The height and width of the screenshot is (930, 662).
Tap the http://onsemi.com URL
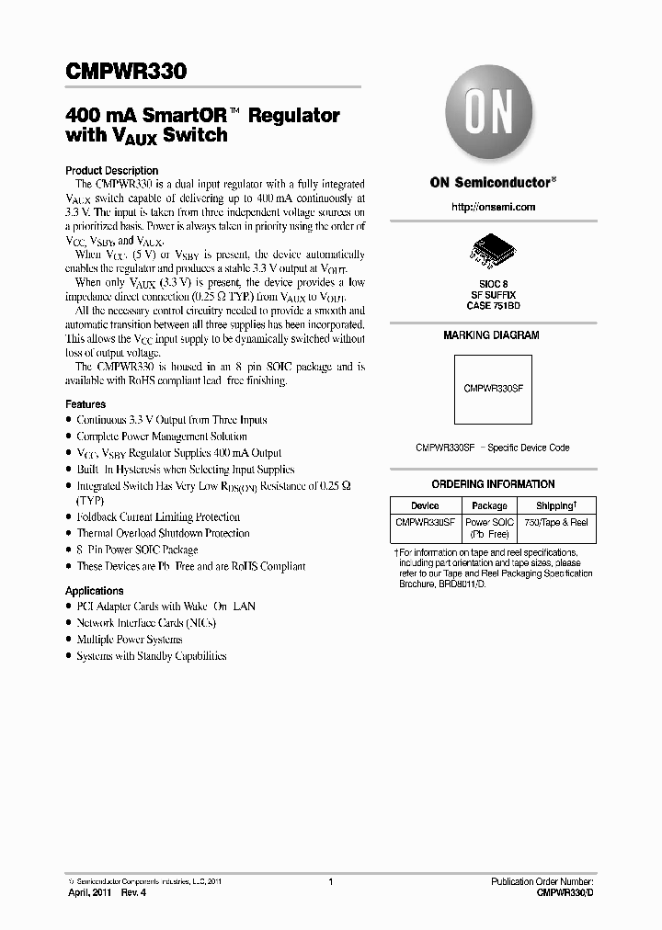[x=493, y=207]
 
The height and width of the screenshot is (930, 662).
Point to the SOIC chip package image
[x=492, y=247]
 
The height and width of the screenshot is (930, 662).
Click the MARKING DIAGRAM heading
[x=492, y=335]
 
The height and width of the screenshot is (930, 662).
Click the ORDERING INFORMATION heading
[x=493, y=484]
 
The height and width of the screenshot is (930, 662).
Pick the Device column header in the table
[x=425, y=505]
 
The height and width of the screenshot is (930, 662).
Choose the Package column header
[x=489, y=505]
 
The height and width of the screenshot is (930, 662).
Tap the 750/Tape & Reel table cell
[x=555, y=522]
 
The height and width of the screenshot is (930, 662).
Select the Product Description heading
[x=111, y=171]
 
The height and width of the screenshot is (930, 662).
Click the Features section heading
[x=86, y=404]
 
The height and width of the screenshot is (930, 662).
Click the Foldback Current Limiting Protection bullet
[x=158, y=517]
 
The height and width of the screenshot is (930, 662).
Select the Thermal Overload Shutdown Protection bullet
[x=163, y=533]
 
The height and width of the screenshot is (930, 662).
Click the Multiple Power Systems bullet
[x=130, y=640]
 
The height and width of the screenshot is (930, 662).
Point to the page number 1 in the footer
[x=329, y=882]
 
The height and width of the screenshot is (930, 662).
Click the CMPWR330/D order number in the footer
[x=564, y=893]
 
